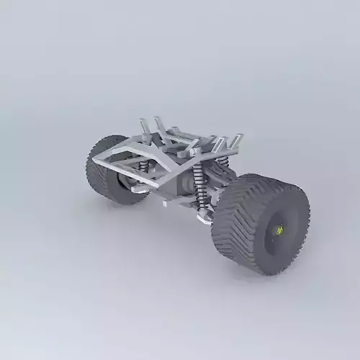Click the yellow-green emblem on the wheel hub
pos(279,232)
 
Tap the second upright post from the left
pos(159,125)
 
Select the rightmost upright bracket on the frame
pos(235,140)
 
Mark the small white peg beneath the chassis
pos(165,203)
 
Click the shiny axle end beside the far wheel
pos(130,184)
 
